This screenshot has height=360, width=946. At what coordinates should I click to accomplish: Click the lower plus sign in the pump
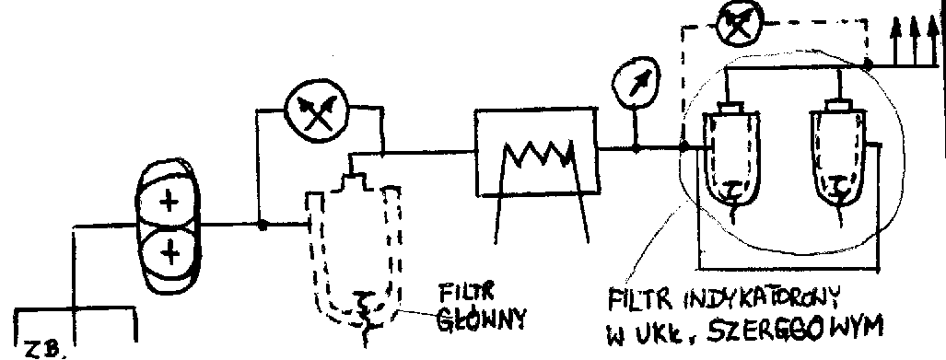coord(167,248)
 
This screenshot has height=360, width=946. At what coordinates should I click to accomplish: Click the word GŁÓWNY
coord(482,319)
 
